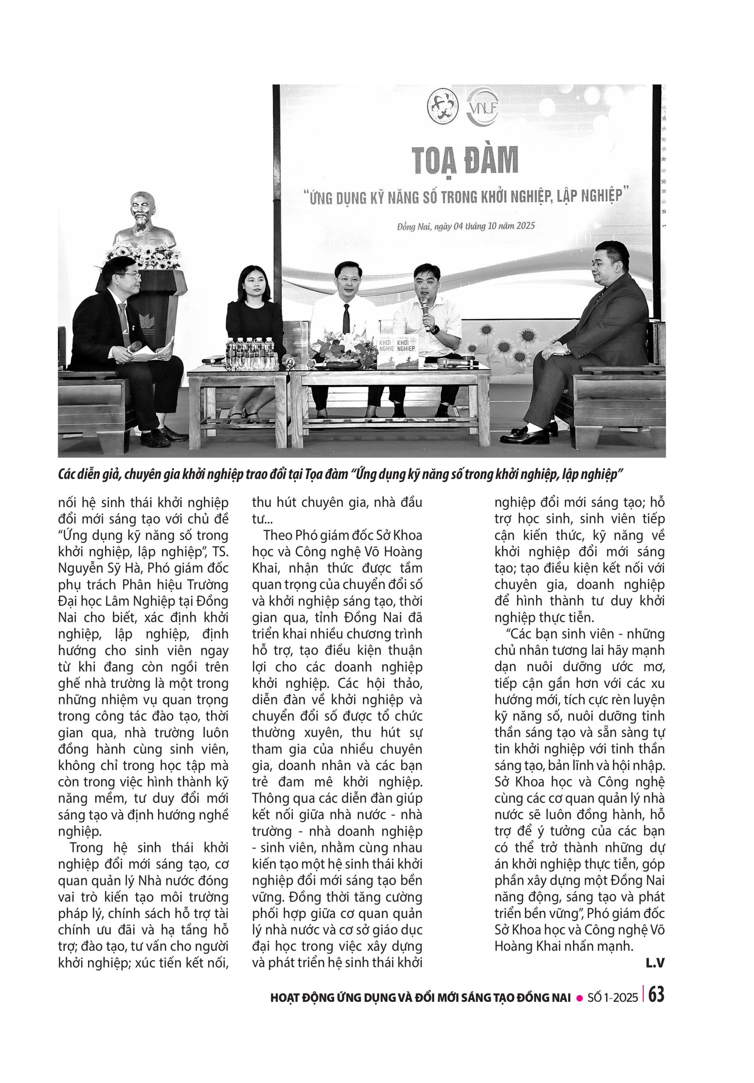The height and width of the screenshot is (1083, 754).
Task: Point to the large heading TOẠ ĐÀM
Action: pyautogui.click(x=465, y=160)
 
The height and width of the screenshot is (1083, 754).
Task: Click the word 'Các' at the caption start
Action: pyautogui.click(x=66, y=474)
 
